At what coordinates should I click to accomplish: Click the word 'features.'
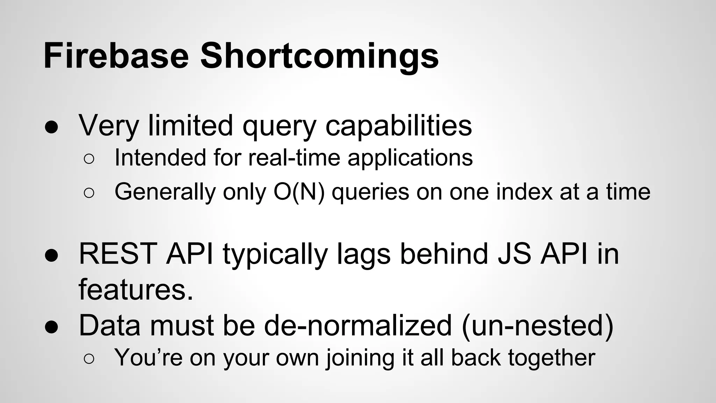(136, 290)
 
